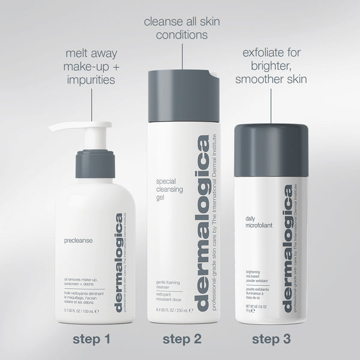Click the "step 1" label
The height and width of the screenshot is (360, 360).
[91, 340]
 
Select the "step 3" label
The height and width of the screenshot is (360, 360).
[271, 340]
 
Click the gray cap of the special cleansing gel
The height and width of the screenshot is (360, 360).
[179, 90]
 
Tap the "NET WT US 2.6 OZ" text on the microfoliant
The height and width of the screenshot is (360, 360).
[255, 307]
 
